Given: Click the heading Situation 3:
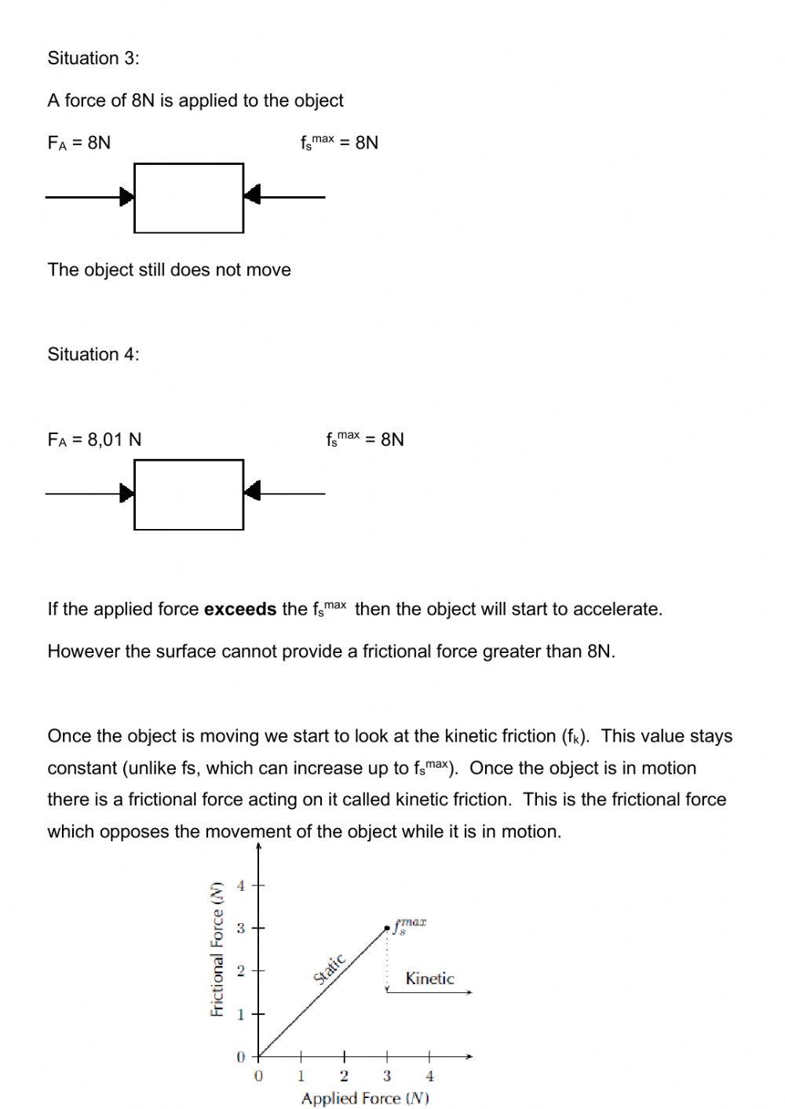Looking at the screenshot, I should pos(93,58).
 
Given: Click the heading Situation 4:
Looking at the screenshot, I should pos(93,354).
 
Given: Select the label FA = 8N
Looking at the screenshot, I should pos(79,143).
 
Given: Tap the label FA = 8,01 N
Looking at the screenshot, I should pos(94,440).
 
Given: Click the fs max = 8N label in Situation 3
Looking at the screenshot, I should pos(339,143).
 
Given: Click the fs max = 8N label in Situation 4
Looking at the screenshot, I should pos(365,440).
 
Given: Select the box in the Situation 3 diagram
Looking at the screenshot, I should pos(188,198).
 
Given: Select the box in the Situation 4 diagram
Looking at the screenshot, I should pos(188,494).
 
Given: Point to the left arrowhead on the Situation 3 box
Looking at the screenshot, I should pos(126,196).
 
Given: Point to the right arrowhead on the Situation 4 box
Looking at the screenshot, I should pos(252,492).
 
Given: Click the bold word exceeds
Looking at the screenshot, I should pos(239,609).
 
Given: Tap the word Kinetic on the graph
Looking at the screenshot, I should pos(429,979).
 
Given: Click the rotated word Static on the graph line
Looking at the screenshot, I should pos(330,969).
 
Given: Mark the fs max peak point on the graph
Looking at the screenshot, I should pos(387,928).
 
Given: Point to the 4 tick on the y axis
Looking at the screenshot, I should pos(242,886).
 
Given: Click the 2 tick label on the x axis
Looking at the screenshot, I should pos(344,1076).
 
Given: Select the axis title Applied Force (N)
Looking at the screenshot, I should pos(365,1098).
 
